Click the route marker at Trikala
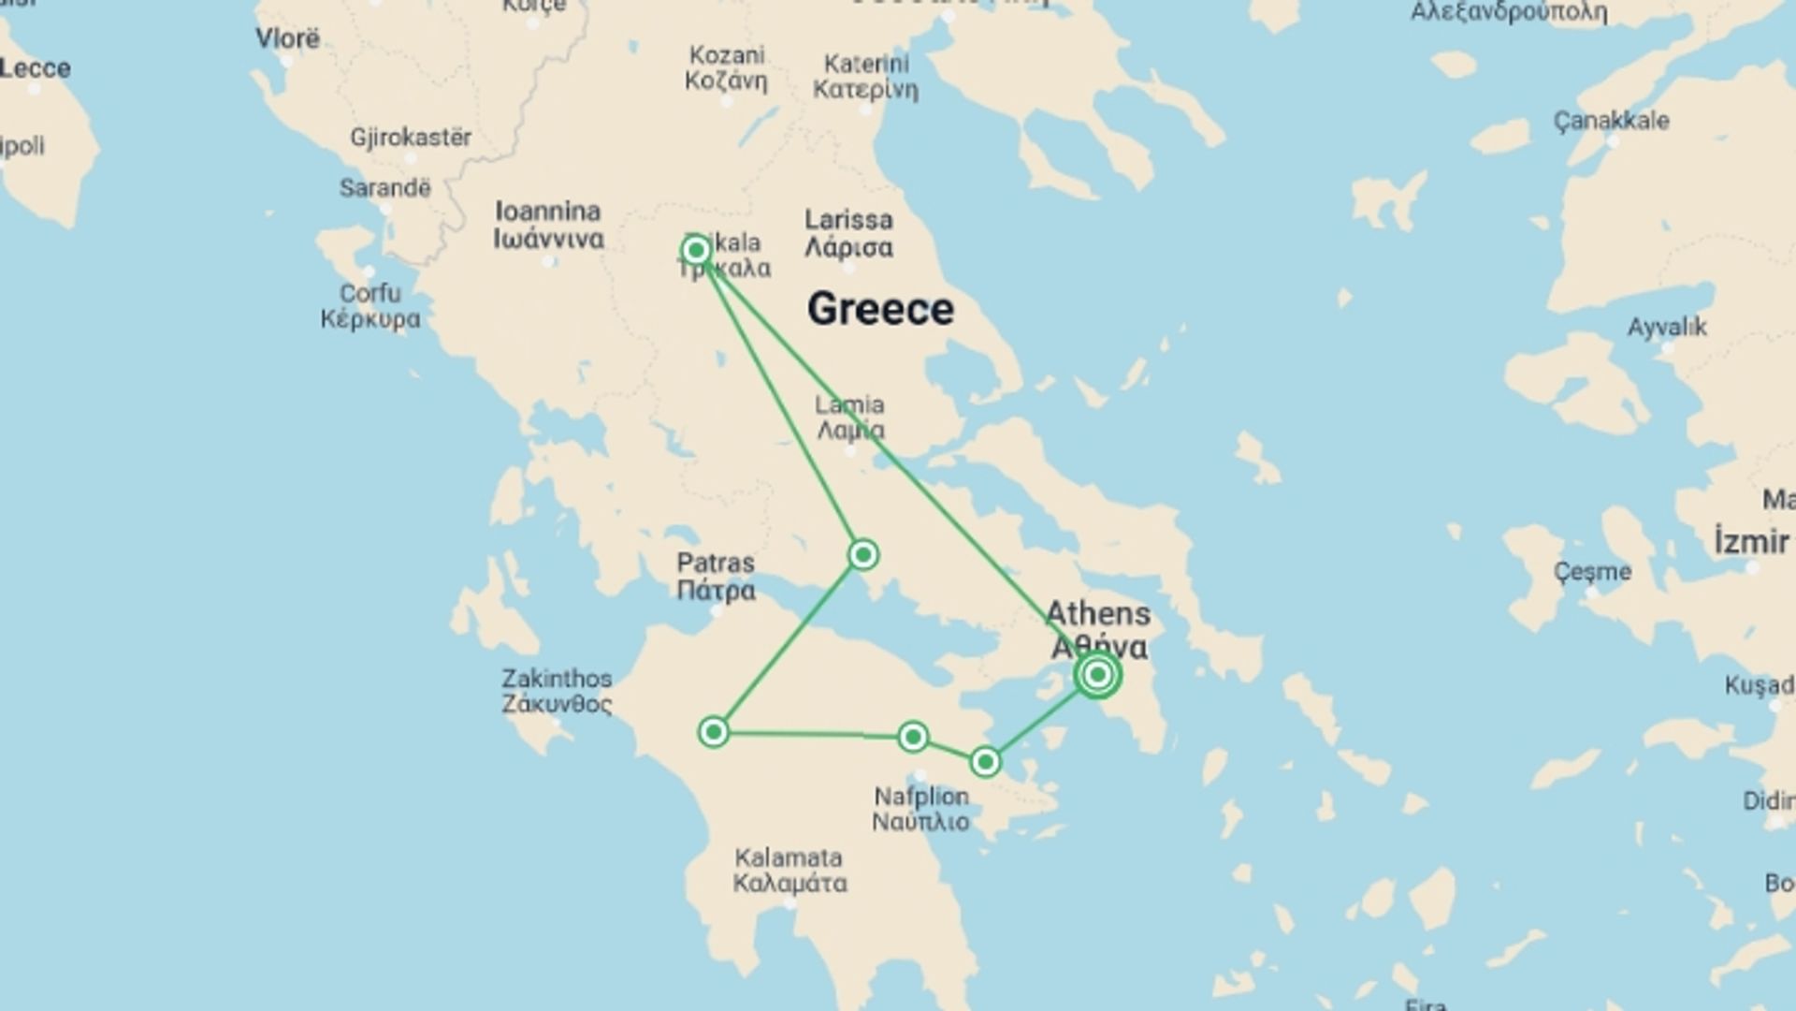695,250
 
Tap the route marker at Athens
1097,674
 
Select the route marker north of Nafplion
912,737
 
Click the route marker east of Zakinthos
714,732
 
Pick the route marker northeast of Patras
862,555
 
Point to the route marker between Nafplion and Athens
985,762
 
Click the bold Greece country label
880,309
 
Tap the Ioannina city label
548,225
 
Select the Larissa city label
848,233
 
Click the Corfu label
370,306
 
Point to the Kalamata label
789,870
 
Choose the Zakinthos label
557,691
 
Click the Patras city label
716,577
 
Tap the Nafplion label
921,809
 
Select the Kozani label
726,67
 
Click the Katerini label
865,77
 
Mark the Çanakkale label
1611,121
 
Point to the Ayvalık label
1667,328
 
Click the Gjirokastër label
411,138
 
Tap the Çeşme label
1592,572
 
